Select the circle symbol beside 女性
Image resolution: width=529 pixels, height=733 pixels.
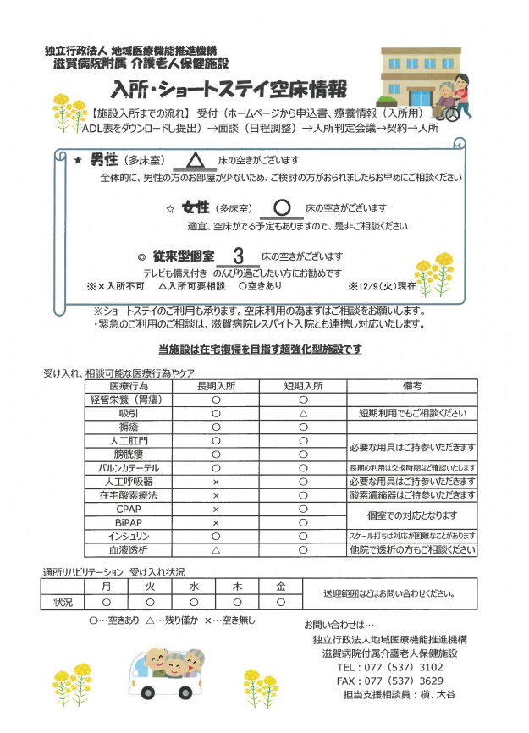pyautogui.click(x=283, y=207)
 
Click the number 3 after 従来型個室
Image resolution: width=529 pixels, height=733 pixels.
pyautogui.click(x=239, y=255)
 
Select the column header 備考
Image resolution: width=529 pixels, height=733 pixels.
pyautogui.click(x=412, y=385)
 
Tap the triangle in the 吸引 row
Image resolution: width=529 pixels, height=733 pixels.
pyautogui.click(x=302, y=413)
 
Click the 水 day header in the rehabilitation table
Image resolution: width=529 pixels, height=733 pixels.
pyautogui.click(x=194, y=586)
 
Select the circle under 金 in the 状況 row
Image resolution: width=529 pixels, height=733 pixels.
pyautogui.click(x=281, y=602)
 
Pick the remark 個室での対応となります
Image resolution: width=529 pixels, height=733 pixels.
pyautogui.click(x=412, y=515)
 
